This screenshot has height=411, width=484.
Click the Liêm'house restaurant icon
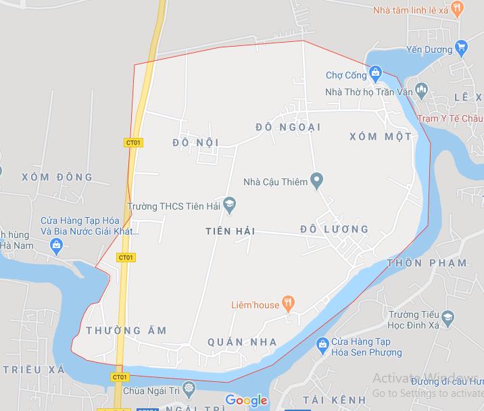(289, 304)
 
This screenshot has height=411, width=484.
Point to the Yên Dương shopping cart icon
(462, 47)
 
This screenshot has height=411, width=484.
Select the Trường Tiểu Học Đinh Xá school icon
(447, 316)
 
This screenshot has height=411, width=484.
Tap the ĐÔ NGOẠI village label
(288, 126)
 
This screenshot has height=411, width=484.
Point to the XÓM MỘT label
(381, 137)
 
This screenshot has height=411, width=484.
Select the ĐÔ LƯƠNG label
(335, 229)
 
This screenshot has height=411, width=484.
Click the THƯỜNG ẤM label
(126, 330)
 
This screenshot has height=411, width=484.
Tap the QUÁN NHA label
(243, 342)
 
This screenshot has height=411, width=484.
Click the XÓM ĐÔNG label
(57, 177)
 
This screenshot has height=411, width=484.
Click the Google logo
(246, 400)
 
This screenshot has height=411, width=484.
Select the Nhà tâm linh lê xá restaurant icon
(458, 9)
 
